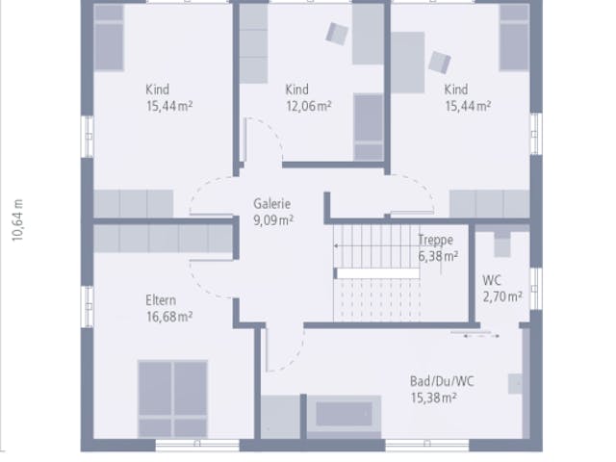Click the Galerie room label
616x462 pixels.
pyautogui.click(x=271, y=204)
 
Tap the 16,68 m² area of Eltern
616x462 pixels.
pyautogui.click(x=169, y=317)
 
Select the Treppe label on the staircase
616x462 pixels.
pyautogui.click(x=436, y=240)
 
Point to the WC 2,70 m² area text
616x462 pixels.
pyautogui.click(x=502, y=289)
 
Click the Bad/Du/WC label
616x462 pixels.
pyautogui.click(x=442, y=381)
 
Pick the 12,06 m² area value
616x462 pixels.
pyautogui.click(x=308, y=106)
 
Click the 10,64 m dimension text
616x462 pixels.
pyautogui.click(x=18, y=220)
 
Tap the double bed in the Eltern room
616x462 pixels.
pyautogui.click(x=173, y=398)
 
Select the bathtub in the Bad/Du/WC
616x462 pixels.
pyautogui.click(x=344, y=416)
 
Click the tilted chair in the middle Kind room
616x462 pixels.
pyautogui.click(x=337, y=34)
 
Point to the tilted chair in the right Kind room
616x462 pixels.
pyautogui.click(x=440, y=63)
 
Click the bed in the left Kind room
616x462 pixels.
pyautogui.click(x=109, y=38)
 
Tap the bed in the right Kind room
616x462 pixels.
pyautogui.click(x=514, y=38)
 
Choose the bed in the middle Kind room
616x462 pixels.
pyautogui.click(x=369, y=127)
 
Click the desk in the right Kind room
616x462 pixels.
pyautogui.click(x=408, y=63)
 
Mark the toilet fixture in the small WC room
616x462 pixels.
pyautogui.click(x=502, y=244)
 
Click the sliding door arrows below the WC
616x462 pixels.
pyautogui.click(x=481, y=336)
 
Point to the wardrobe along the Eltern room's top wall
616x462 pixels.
pyautogui.click(x=163, y=239)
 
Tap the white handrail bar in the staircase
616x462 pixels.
pyautogui.click(x=378, y=273)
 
